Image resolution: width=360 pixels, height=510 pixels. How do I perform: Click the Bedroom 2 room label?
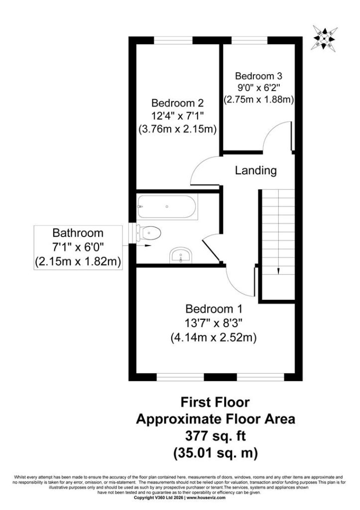pos(178,103)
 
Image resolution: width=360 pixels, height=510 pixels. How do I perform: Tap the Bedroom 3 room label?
pos(258,76)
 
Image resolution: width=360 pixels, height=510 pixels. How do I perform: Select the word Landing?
pos(256,170)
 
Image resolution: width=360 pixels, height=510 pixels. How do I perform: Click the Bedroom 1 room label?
pos(214,309)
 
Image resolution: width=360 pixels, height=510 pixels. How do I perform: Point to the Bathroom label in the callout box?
pos(78,233)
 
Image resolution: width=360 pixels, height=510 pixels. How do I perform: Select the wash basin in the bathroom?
pos(181,255)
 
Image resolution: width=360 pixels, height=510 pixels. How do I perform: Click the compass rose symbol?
pos(324,38)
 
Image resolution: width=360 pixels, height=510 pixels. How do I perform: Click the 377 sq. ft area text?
pos(216,435)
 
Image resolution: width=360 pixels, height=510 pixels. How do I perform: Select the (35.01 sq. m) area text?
pos(216,452)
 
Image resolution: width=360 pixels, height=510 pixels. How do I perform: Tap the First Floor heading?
pos(215,402)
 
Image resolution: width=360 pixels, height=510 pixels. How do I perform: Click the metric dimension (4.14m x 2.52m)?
pos(214,338)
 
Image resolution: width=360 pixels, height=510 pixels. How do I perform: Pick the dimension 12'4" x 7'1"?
pos(178,116)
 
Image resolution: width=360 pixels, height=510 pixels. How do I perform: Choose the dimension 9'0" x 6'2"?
pos(258,88)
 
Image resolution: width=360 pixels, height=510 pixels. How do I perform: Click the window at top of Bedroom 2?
pos(173,40)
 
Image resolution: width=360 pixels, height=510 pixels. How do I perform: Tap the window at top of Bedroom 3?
pos(249,40)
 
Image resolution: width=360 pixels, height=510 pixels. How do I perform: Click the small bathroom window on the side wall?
pos(132,233)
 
